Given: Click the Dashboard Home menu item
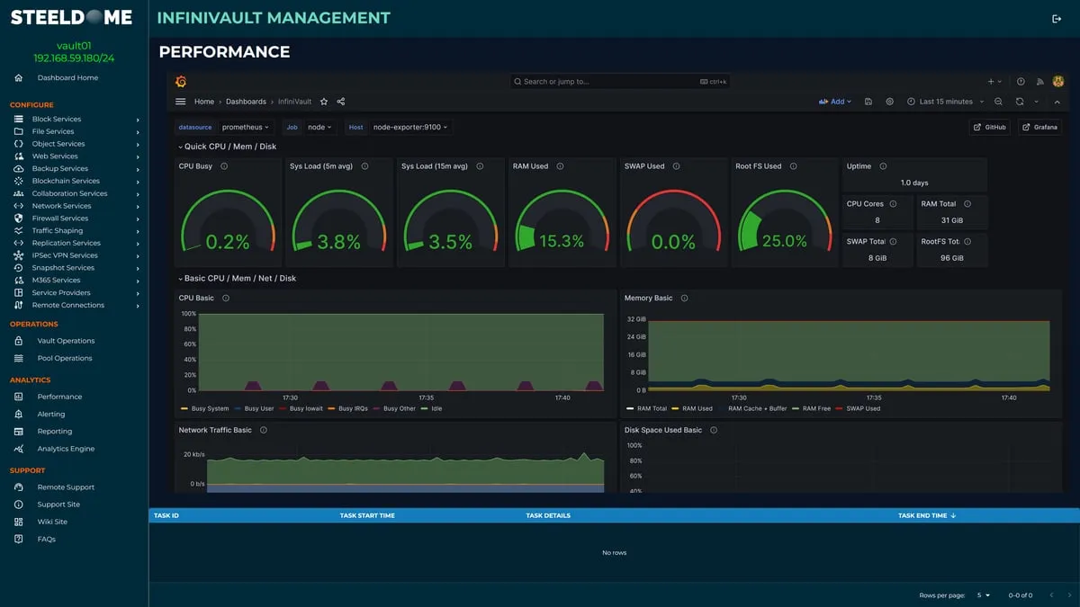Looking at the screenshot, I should [x=67, y=78].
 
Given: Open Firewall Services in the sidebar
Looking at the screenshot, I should [x=60, y=219].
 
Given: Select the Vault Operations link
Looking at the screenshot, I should [x=66, y=341].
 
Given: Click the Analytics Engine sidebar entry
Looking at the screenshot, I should [x=66, y=449].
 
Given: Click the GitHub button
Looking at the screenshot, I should [x=989, y=128].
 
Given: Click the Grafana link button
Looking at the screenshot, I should [x=1039, y=128].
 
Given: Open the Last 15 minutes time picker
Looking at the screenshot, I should [x=945, y=102].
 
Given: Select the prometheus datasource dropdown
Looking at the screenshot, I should [x=245, y=128].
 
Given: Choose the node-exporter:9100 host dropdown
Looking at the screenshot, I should [x=410, y=128].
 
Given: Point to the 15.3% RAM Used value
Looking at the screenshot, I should [x=561, y=242].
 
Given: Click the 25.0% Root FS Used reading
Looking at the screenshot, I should [x=784, y=242].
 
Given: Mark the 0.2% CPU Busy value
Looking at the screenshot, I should [x=228, y=242].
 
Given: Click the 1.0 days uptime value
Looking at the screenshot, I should [x=913, y=183].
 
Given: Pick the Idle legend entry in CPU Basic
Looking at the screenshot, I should [x=436, y=409].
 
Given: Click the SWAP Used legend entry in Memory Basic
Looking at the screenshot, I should [x=861, y=409].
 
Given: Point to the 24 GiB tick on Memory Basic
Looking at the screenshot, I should [x=635, y=337].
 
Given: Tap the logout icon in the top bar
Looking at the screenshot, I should [x=1056, y=19].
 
